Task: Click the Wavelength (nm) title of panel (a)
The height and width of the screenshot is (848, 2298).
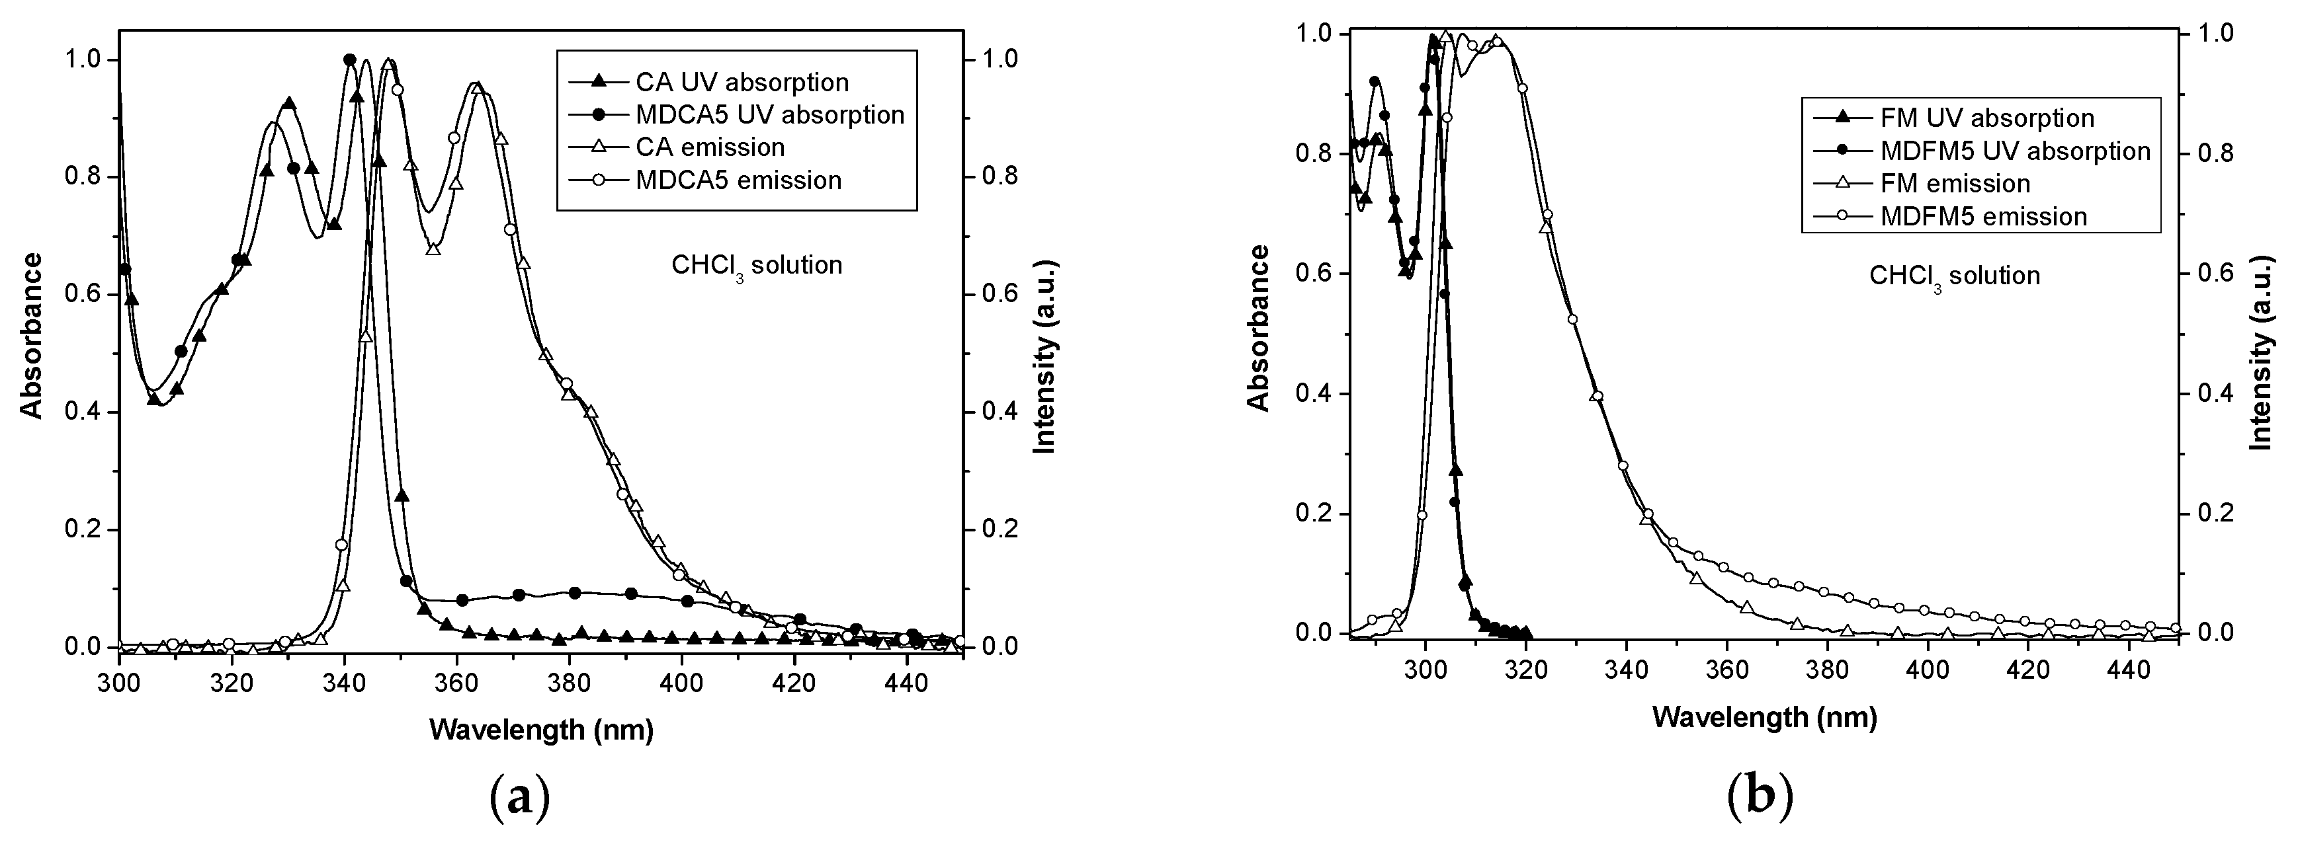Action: [x=542, y=730]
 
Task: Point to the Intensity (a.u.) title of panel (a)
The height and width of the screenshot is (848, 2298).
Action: [x=1044, y=358]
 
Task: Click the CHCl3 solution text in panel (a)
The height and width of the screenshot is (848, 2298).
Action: [x=757, y=266]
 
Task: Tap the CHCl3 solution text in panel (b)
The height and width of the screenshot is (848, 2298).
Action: [x=1953, y=276]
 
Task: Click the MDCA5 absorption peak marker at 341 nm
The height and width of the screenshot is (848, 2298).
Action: [x=350, y=59]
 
